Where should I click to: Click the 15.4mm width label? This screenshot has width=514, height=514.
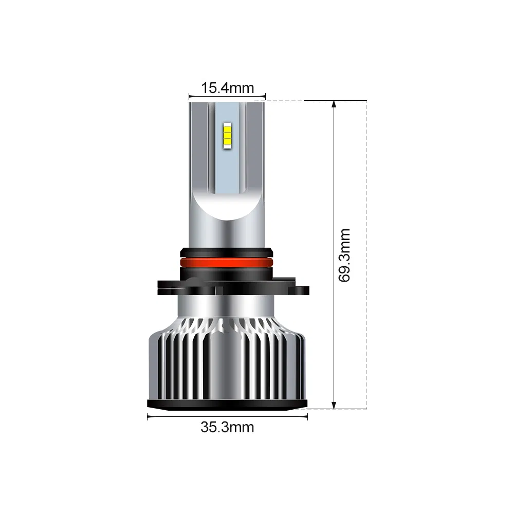tap(227, 88)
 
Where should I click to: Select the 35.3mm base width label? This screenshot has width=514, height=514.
tap(227, 427)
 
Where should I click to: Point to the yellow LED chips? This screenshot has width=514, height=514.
tap(227, 133)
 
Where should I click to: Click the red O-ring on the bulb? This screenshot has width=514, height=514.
tap(227, 262)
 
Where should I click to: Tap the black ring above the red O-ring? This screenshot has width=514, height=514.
tap(227, 252)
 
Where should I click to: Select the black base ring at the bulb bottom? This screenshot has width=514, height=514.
tap(227, 405)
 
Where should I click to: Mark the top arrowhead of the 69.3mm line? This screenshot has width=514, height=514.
tap(335, 104)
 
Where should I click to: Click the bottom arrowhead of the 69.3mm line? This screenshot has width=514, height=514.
tap(335, 406)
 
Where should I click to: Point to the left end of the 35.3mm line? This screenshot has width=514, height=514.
tap(148, 417)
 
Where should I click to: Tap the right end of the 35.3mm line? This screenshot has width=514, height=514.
tap(307, 417)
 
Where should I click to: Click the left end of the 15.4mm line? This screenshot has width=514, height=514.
tap(189, 96)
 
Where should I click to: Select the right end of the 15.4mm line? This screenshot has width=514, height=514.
tap(265, 96)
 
